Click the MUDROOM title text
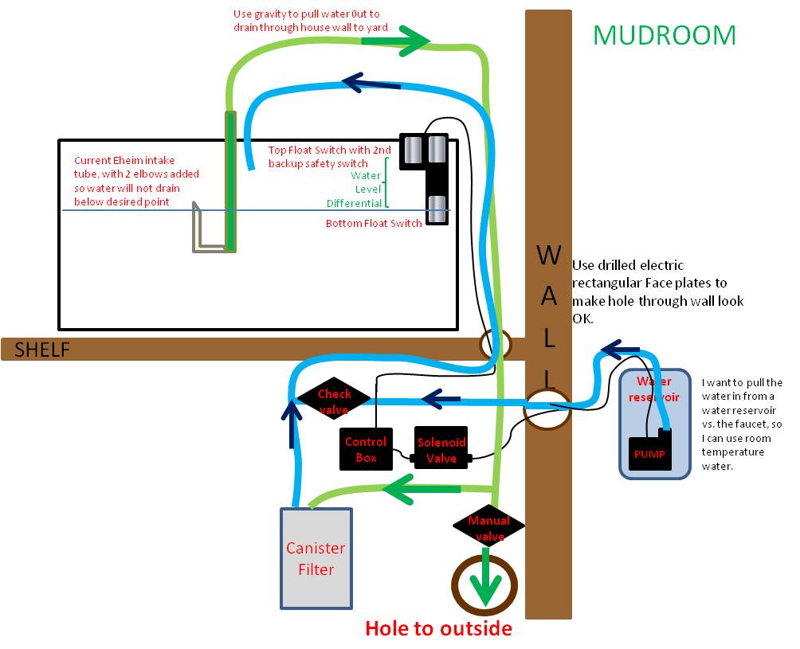pyautogui.click(x=665, y=36)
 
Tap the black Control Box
pyautogui.click(x=366, y=448)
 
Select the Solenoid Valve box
pyautogui.click(x=441, y=448)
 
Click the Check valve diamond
pyautogui.click(x=334, y=399)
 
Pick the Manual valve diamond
pyautogui.click(x=488, y=526)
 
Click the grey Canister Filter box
pyautogui.click(x=316, y=558)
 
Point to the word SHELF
pyautogui.click(x=42, y=350)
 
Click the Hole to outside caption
pyautogui.click(x=439, y=628)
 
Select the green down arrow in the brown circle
pyautogui.click(x=485, y=579)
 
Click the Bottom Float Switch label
pyautogui.click(x=374, y=223)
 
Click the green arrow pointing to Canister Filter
pyautogui.click(x=422, y=489)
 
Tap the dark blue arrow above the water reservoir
pyautogui.click(x=620, y=350)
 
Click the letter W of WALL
pyautogui.click(x=549, y=254)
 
